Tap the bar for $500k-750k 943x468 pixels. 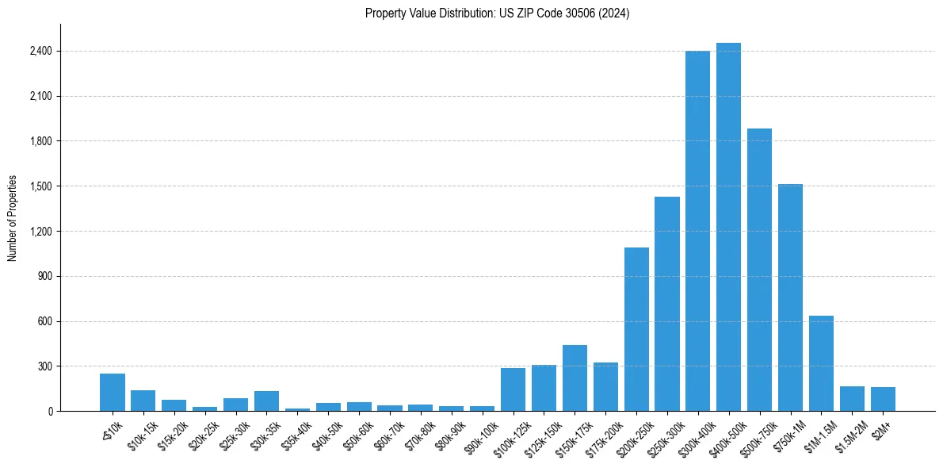(759, 270)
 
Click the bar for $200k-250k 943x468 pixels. (636, 329)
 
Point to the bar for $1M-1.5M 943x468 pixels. (821, 363)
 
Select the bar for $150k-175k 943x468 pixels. (575, 378)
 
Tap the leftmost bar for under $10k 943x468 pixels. (113, 393)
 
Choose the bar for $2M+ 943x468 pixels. (883, 399)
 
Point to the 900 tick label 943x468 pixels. (44, 277)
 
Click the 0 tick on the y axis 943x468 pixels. (49, 412)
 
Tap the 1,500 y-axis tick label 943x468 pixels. (40, 186)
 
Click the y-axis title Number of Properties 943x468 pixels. (13, 218)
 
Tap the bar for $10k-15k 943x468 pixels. (143, 401)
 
